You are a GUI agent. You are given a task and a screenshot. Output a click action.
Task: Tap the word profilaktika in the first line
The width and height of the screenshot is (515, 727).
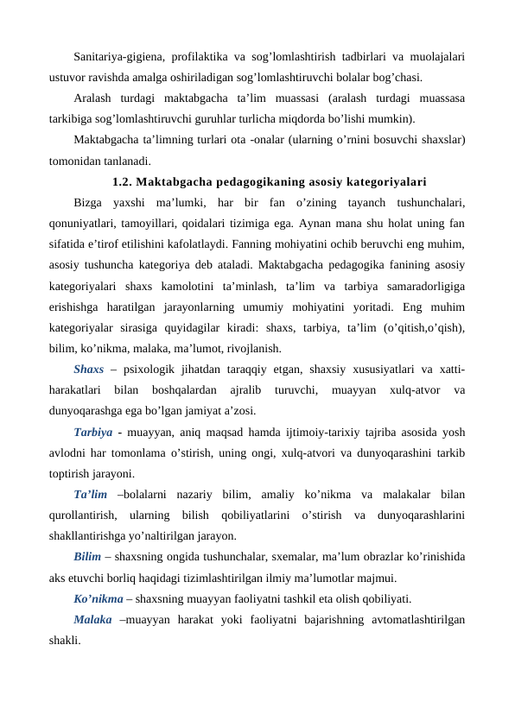208,58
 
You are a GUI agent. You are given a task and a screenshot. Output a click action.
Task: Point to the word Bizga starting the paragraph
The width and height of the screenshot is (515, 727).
87,204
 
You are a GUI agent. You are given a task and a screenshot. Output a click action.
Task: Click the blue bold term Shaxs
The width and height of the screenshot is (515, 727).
89,370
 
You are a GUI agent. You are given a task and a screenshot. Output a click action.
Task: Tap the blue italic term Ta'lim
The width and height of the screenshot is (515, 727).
91,494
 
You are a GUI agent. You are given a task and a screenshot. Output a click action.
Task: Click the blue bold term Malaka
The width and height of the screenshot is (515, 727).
93,618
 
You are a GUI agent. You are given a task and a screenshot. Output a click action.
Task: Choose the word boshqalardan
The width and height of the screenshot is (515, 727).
185,390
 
